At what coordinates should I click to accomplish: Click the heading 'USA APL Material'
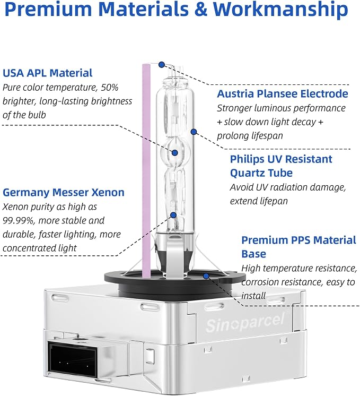click(47, 73)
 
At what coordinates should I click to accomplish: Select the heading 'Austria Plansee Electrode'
click(283, 94)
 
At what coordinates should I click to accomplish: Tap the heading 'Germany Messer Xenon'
click(64, 193)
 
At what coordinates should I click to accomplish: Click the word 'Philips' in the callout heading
click(247, 160)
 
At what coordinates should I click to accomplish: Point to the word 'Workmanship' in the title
click(280, 9)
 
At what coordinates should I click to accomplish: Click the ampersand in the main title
click(201, 10)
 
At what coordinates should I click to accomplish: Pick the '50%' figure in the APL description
click(110, 88)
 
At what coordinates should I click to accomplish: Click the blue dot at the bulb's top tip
click(162, 65)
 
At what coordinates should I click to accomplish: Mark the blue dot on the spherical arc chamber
click(175, 152)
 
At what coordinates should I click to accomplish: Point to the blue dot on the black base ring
click(206, 276)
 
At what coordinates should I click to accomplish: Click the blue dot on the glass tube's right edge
click(194, 132)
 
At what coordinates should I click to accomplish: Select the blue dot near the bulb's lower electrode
click(173, 215)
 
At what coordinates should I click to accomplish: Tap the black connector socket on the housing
click(73, 359)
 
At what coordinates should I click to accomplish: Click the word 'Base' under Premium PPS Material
click(253, 254)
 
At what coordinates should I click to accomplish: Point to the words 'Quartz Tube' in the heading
click(261, 173)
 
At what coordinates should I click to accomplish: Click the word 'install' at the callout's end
click(253, 296)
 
